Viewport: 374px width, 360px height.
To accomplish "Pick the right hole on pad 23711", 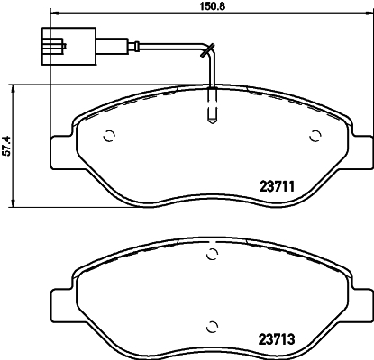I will pyautogui.click(x=315, y=137).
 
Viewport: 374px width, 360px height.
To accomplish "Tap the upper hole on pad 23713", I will pyautogui.click(x=212, y=256).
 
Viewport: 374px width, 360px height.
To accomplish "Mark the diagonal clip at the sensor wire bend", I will pyautogui.click(x=208, y=50).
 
